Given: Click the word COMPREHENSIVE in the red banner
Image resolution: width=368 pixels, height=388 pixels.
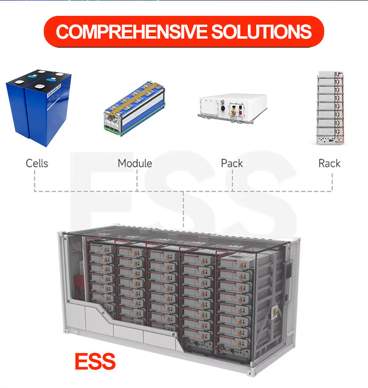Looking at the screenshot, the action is [131, 32].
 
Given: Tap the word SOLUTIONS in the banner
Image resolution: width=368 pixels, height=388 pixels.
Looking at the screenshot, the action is [261, 32].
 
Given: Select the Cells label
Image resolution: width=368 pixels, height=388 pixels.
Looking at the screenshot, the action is [37, 163].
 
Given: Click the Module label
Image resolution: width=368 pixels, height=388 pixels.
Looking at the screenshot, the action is [135, 163].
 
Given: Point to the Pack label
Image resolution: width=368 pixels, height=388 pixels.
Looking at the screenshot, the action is [232, 163].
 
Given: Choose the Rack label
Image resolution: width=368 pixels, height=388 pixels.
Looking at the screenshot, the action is [329, 163].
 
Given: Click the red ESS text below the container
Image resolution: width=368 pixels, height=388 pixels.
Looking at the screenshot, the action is [95, 361].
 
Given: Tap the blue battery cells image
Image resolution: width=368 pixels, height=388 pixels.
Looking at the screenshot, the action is [39, 107].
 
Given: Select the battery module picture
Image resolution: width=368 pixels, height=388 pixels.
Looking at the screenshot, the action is [135, 108].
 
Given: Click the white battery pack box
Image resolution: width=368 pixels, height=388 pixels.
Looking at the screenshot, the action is [232, 108].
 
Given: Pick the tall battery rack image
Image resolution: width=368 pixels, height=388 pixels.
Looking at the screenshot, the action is [330, 108].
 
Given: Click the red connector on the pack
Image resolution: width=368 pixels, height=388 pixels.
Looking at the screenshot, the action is [240, 113].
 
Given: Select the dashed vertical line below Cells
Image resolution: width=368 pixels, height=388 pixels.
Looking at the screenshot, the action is [34, 181].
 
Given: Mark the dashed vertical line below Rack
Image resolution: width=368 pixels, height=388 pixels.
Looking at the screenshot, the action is [332, 182].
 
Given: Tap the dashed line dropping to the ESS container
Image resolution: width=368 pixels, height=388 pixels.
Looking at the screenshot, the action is [184, 209].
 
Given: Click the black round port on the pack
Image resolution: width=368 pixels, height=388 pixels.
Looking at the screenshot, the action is [223, 108].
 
